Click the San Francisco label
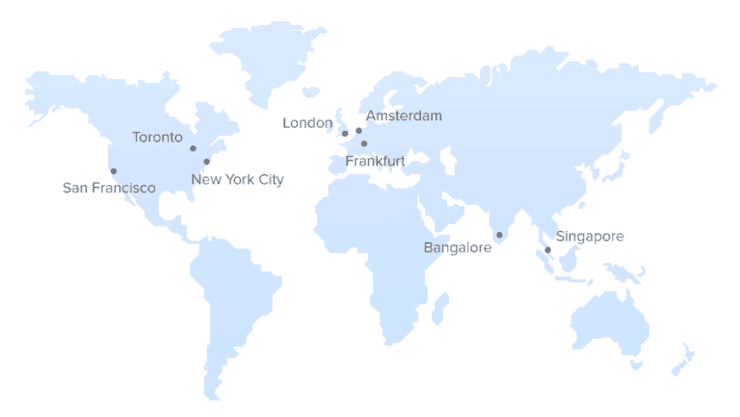click(x=109, y=188)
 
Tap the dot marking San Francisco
click(x=114, y=171)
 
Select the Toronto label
click(x=157, y=137)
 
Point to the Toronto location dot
click(x=193, y=148)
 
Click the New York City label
click(x=237, y=179)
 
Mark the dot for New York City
click(x=206, y=162)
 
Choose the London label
click(x=307, y=122)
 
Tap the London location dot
click(x=345, y=134)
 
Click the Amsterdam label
click(x=404, y=116)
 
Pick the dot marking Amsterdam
click(x=358, y=130)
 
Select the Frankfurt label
click(x=375, y=161)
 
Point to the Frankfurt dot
click(x=364, y=143)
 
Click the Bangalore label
click(x=458, y=248)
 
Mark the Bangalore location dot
click(x=499, y=235)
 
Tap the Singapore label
click(x=590, y=236)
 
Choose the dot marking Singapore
click(x=547, y=250)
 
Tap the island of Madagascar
click(x=440, y=307)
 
